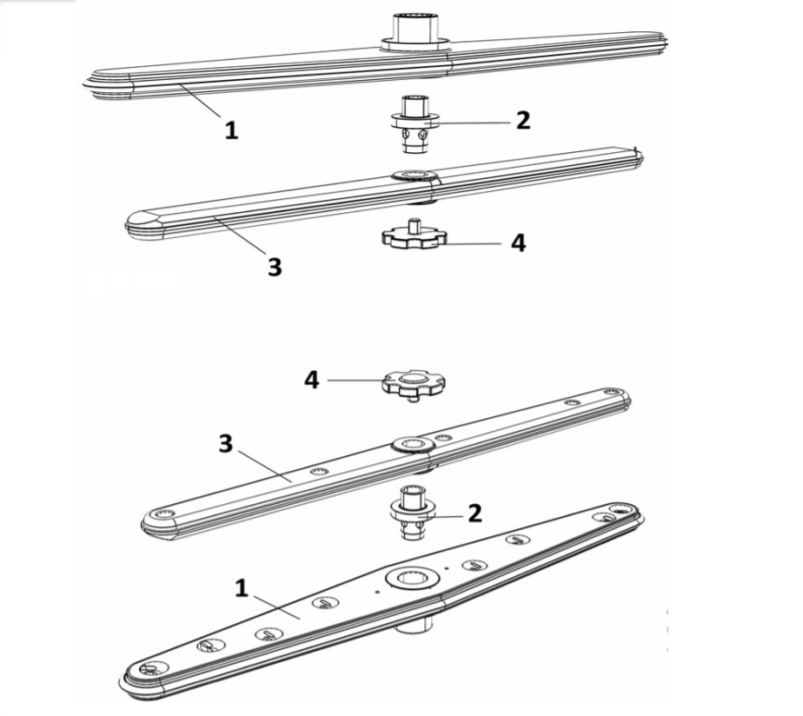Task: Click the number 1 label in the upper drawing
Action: tap(231, 130)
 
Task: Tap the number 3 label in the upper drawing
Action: tap(275, 267)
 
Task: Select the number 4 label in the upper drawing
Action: tap(518, 243)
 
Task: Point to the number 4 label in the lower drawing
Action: tap(311, 379)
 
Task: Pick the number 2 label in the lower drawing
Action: tap(474, 513)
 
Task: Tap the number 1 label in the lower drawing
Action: tap(242, 587)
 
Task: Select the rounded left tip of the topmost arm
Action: tap(97, 80)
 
